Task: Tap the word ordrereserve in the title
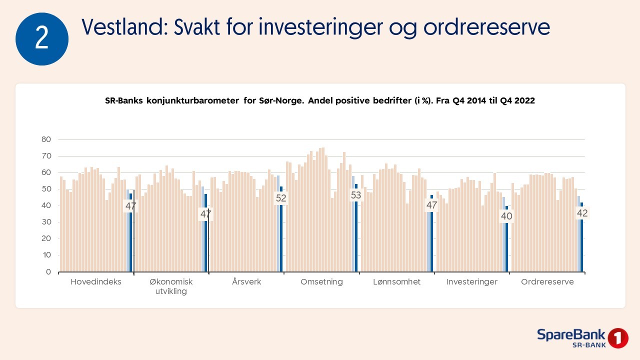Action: (x=486, y=27)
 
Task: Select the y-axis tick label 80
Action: (x=46, y=139)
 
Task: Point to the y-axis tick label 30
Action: (x=46, y=222)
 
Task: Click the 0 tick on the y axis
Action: (x=48, y=271)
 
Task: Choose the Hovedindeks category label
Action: (x=96, y=282)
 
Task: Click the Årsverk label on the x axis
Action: (x=246, y=281)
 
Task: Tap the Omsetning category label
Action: (x=321, y=282)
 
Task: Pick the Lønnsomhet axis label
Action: (x=397, y=281)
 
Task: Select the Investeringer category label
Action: (x=472, y=282)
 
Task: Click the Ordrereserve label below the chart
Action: (x=547, y=281)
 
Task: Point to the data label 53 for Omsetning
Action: (x=356, y=195)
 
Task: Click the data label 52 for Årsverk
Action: (x=281, y=198)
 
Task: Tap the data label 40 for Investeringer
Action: (x=506, y=216)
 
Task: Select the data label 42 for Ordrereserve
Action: (x=582, y=213)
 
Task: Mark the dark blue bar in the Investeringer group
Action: (x=507, y=239)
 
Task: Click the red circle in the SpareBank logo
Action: (x=618, y=338)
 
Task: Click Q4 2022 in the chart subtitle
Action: (x=517, y=100)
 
